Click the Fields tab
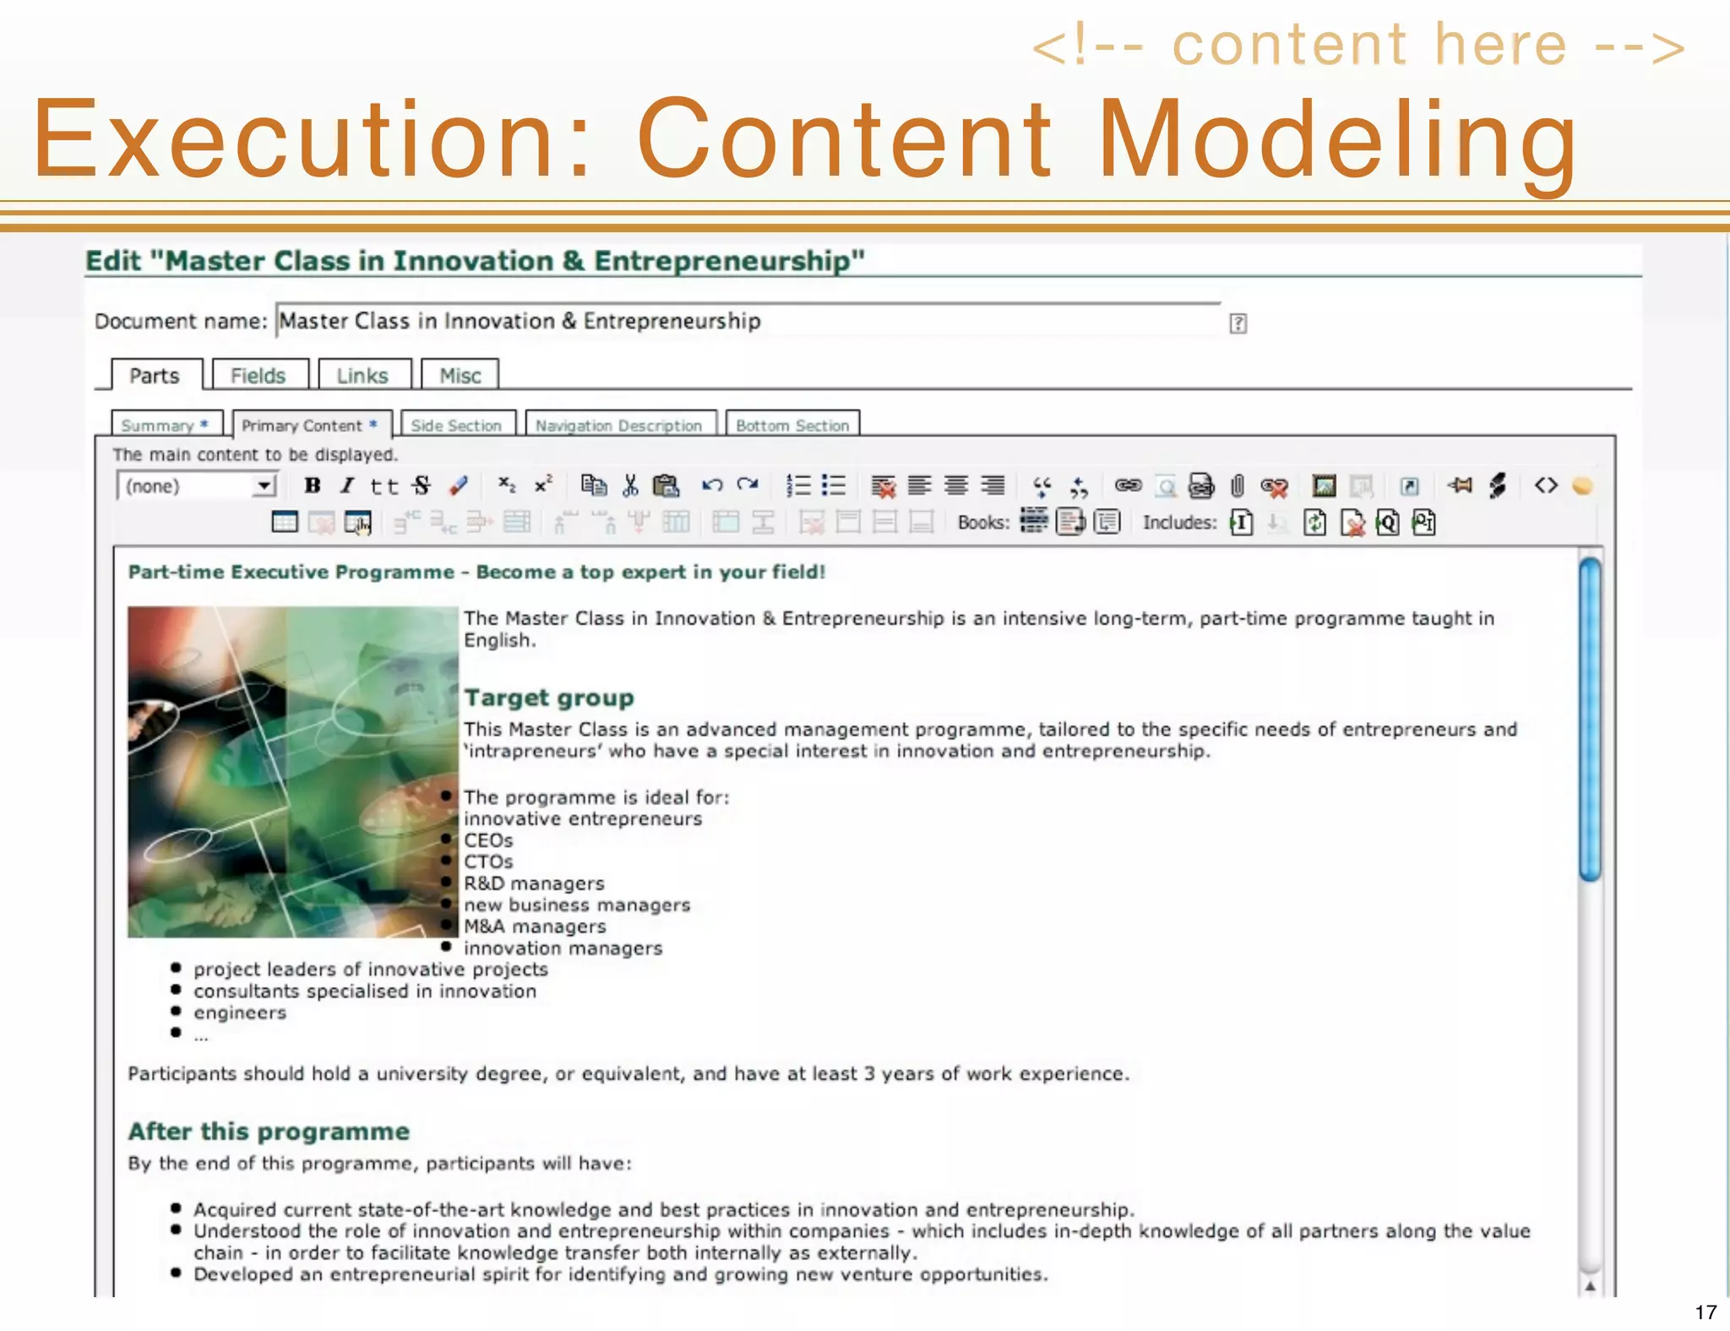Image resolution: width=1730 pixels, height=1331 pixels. point(258,376)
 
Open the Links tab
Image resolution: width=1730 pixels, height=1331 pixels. point(362,376)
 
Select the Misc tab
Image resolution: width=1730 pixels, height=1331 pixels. point(460,376)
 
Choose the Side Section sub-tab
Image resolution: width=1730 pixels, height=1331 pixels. point(456,426)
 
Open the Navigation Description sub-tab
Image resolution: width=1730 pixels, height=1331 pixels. point(619,426)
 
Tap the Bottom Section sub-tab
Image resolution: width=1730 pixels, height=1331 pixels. point(792,426)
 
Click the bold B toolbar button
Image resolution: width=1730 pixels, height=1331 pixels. point(313,486)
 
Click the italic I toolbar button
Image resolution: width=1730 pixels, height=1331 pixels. point(347,486)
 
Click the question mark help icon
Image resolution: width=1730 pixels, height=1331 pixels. point(1238,323)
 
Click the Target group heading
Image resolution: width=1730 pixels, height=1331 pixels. point(549,698)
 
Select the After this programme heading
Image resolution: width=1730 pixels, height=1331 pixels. point(269,1132)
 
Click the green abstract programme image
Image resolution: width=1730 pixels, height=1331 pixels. point(292,771)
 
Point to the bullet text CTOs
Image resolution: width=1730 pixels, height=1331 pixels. point(488,862)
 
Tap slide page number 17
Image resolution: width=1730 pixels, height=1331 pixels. point(1705,1312)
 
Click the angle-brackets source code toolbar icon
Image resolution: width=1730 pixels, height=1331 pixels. point(1546,486)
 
